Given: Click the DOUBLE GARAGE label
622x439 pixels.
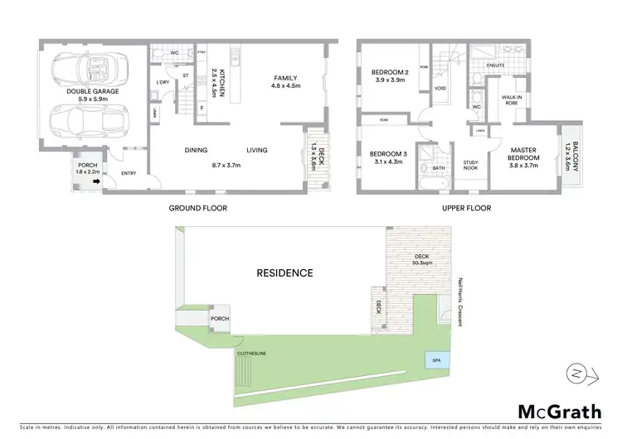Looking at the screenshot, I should click(95, 92).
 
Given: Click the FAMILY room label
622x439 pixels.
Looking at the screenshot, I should click(285, 79).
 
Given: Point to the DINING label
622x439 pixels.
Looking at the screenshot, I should click(196, 150).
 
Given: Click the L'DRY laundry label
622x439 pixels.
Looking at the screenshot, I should click(163, 82).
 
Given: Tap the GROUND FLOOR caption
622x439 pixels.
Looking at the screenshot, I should click(198, 208).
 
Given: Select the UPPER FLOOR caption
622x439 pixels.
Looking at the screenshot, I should click(467, 208).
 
